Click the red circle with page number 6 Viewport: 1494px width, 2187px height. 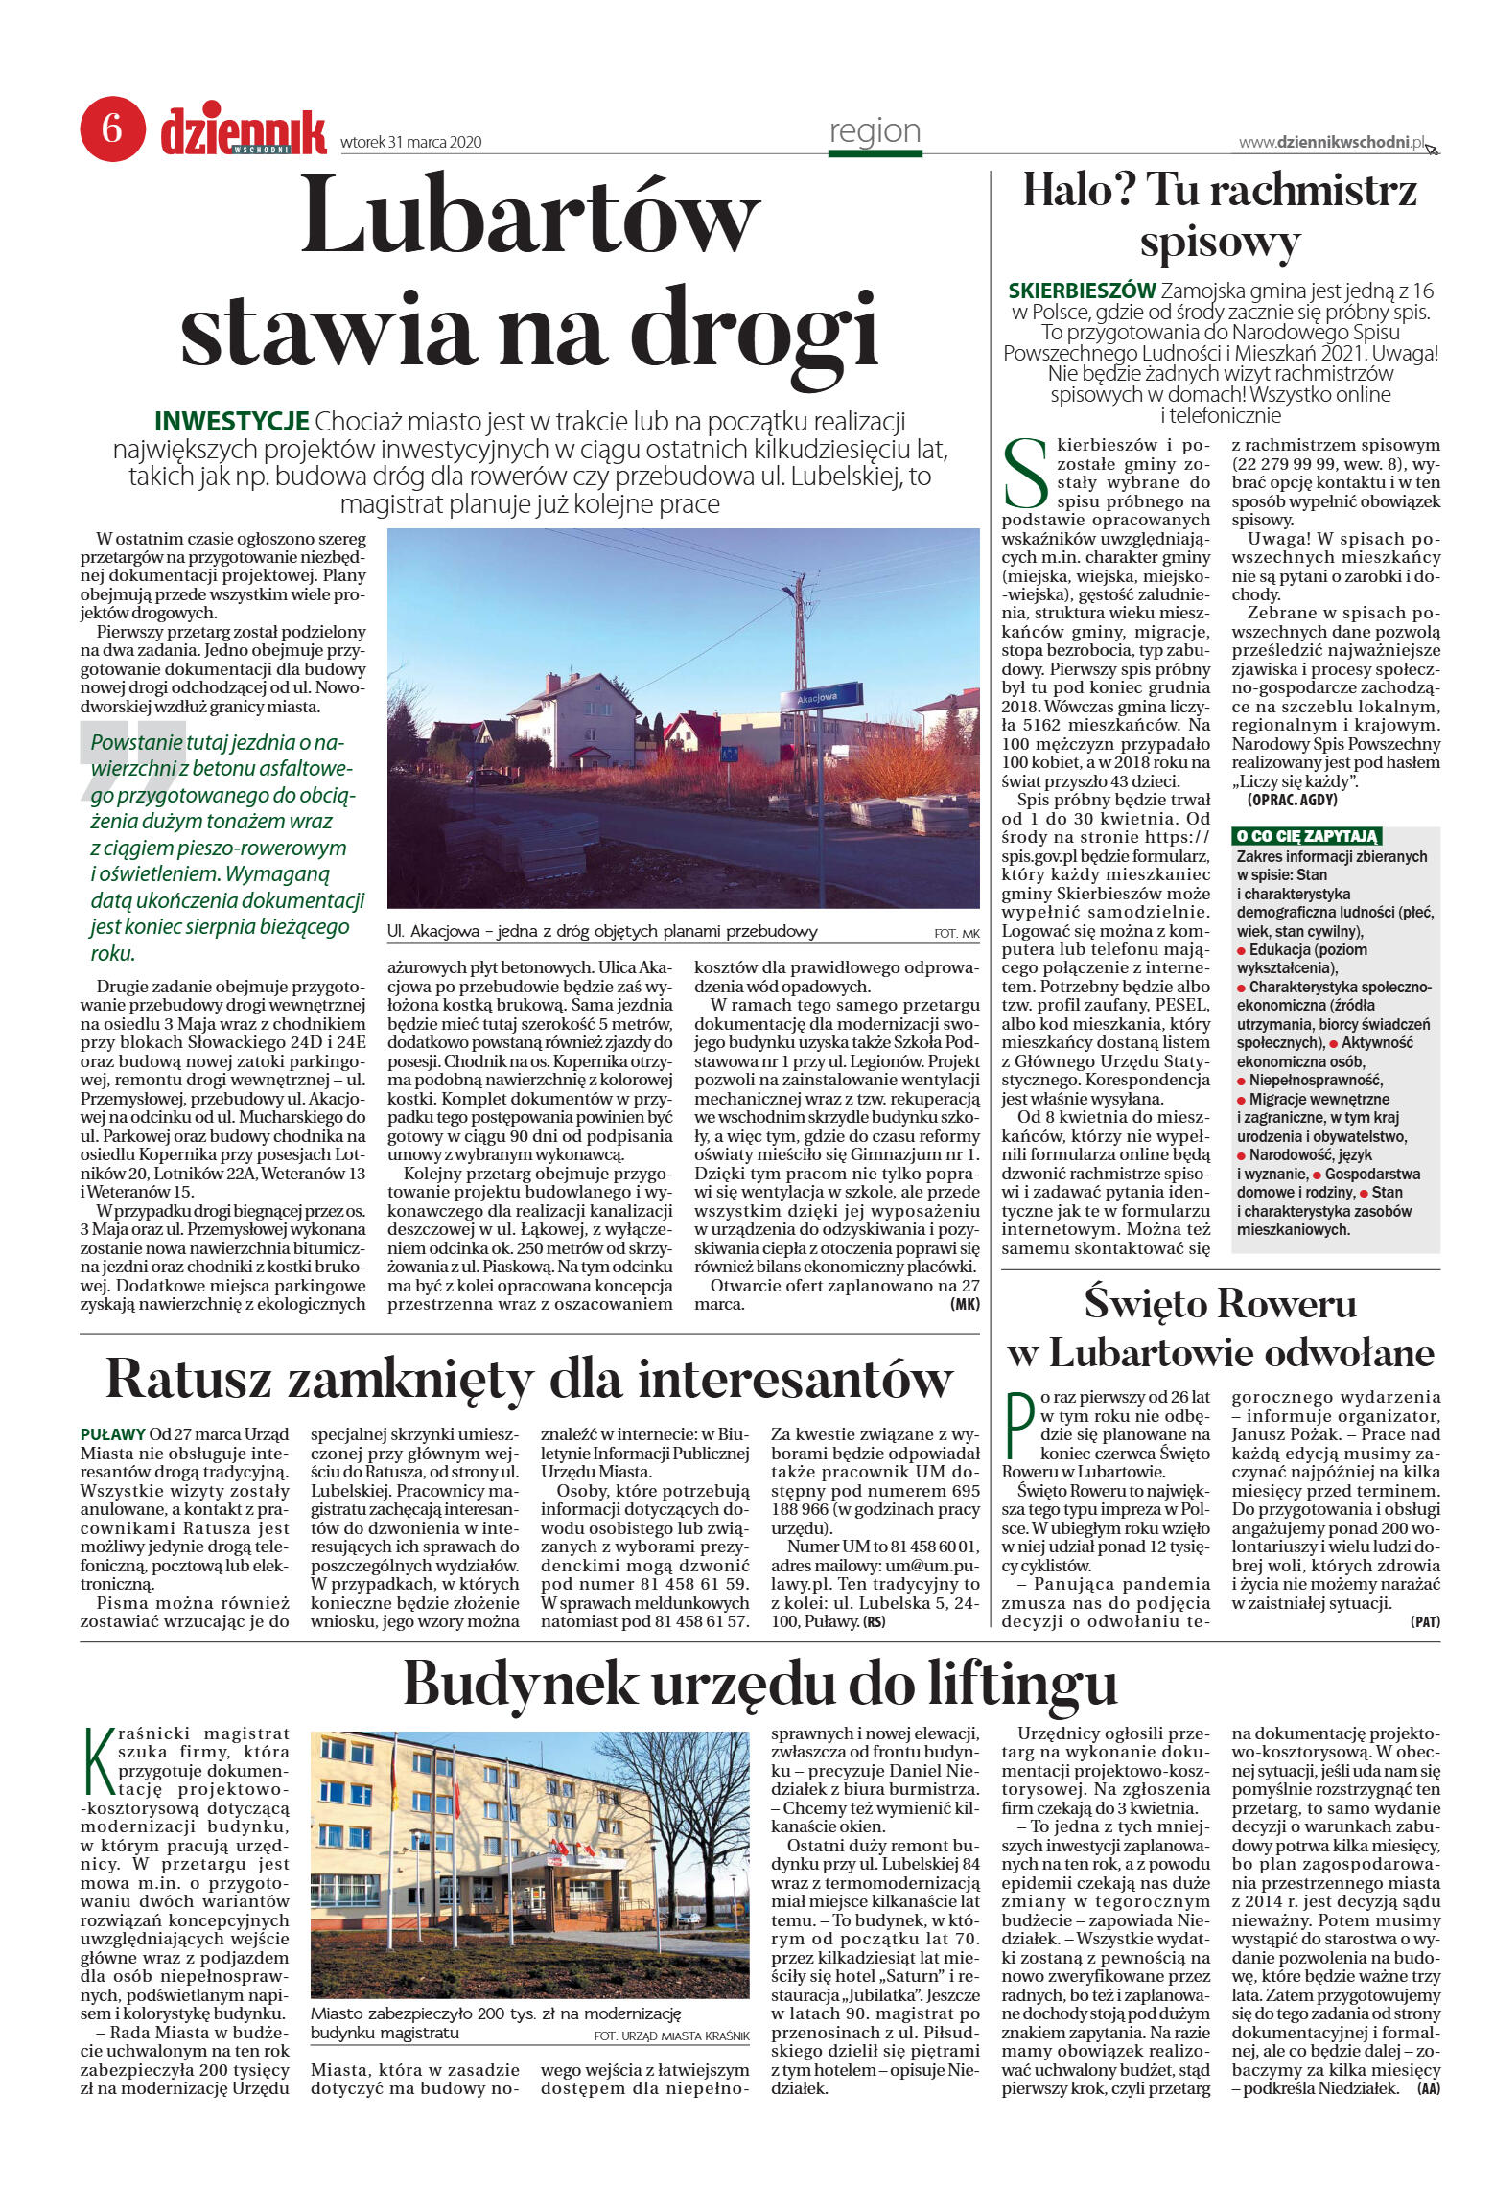pos(112,128)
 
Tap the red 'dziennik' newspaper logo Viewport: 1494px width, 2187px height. pos(244,132)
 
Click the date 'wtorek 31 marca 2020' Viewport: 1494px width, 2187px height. pos(410,143)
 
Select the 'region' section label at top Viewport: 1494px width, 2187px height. pos(875,131)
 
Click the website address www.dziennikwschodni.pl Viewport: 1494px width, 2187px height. pos(1331,143)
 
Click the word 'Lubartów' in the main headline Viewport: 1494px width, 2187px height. pos(530,216)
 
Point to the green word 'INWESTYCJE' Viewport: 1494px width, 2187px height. pos(231,421)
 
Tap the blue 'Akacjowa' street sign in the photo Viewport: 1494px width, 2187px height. pos(821,695)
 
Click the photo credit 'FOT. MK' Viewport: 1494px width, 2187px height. pos(956,933)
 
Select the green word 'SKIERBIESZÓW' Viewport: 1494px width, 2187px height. pos(1082,291)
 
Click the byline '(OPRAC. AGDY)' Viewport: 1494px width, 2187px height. pos(1292,799)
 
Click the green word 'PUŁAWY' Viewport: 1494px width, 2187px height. pos(113,1434)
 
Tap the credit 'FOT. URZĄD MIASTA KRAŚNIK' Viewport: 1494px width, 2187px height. pos(670,2036)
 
